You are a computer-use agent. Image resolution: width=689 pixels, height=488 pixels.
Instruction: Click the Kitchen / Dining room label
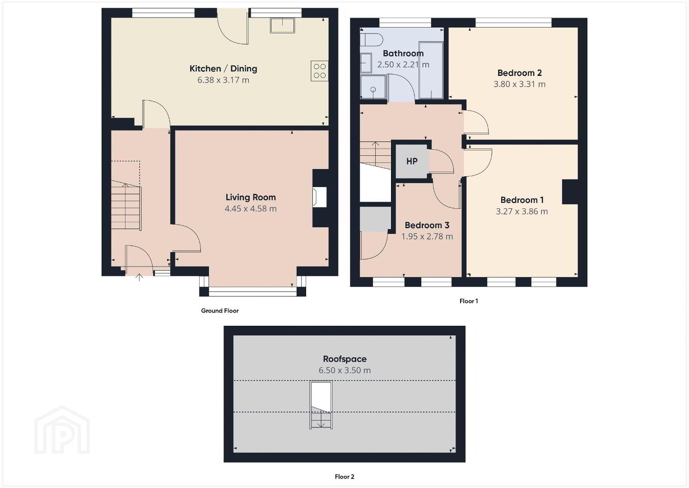(223, 68)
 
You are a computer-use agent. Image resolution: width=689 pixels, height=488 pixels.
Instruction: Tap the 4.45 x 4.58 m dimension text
(251, 208)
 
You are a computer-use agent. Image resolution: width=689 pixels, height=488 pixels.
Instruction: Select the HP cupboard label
(412, 161)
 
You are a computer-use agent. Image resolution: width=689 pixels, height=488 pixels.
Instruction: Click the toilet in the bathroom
(371, 40)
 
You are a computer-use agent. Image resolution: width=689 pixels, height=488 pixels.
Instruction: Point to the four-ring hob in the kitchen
(320, 71)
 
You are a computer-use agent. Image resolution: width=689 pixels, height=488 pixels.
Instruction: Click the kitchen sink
(282, 25)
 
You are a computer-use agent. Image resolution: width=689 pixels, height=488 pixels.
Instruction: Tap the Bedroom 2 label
(520, 73)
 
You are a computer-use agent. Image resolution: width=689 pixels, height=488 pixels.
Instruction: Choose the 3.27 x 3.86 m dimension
(521, 211)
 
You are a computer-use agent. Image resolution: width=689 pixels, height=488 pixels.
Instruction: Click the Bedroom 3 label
(427, 225)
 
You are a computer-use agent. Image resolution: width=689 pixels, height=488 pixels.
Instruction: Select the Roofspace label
(344, 359)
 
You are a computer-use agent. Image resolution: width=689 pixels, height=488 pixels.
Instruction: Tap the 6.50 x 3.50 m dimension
(344, 370)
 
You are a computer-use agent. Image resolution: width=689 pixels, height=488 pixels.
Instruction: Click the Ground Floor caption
(219, 311)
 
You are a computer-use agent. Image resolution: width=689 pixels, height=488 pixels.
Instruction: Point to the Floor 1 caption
(469, 301)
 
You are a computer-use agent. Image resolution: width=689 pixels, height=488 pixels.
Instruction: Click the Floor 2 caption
(344, 477)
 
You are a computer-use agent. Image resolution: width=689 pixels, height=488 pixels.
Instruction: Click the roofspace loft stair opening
(321, 405)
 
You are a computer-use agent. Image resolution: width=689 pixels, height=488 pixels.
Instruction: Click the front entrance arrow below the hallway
(139, 277)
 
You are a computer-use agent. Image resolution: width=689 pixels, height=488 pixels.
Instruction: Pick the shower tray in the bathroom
(373, 87)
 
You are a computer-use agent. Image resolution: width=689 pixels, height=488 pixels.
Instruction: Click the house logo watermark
(62, 430)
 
